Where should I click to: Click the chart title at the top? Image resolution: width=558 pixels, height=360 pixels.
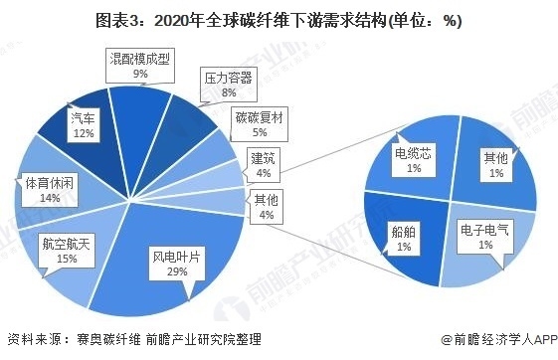point(279,20)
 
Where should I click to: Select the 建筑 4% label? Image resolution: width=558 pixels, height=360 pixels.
point(264,165)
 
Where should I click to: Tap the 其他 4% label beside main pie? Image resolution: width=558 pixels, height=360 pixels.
point(266,207)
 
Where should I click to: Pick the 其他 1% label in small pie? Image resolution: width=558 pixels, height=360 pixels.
point(494,165)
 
